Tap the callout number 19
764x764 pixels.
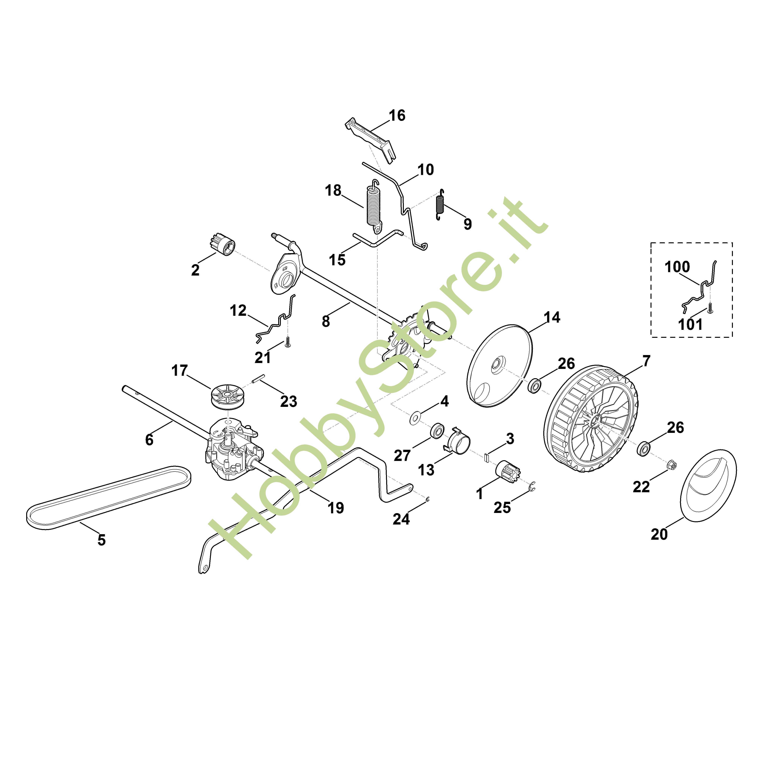tap(336, 507)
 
